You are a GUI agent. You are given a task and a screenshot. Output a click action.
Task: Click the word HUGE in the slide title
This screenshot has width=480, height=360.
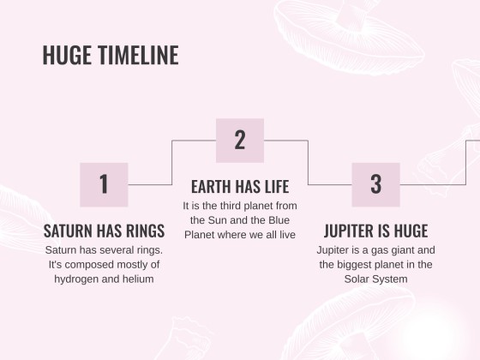(x=67, y=55)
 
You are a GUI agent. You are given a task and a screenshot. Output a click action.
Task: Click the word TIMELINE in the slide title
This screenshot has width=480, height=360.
(x=138, y=55)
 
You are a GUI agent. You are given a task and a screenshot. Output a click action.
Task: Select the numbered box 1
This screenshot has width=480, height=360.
(x=104, y=184)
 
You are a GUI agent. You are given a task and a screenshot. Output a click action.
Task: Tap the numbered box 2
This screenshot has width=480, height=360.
(x=240, y=141)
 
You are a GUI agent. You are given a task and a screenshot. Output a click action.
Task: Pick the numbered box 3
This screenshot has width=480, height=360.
(x=376, y=184)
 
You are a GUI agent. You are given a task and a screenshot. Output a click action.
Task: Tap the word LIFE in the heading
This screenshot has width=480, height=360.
(x=277, y=187)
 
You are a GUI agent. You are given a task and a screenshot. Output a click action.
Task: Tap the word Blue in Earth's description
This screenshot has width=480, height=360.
(x=279, y=220)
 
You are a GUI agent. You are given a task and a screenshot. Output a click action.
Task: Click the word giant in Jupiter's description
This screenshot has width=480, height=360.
(x=398, y=250)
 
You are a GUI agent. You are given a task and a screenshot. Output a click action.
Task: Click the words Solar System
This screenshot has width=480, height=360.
(x=376, y=279)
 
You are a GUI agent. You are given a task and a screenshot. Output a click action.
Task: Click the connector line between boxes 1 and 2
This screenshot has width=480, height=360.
(x=172, y=163)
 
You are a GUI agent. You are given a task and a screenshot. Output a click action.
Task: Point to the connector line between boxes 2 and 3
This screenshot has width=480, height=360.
(x=308, y=163)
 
